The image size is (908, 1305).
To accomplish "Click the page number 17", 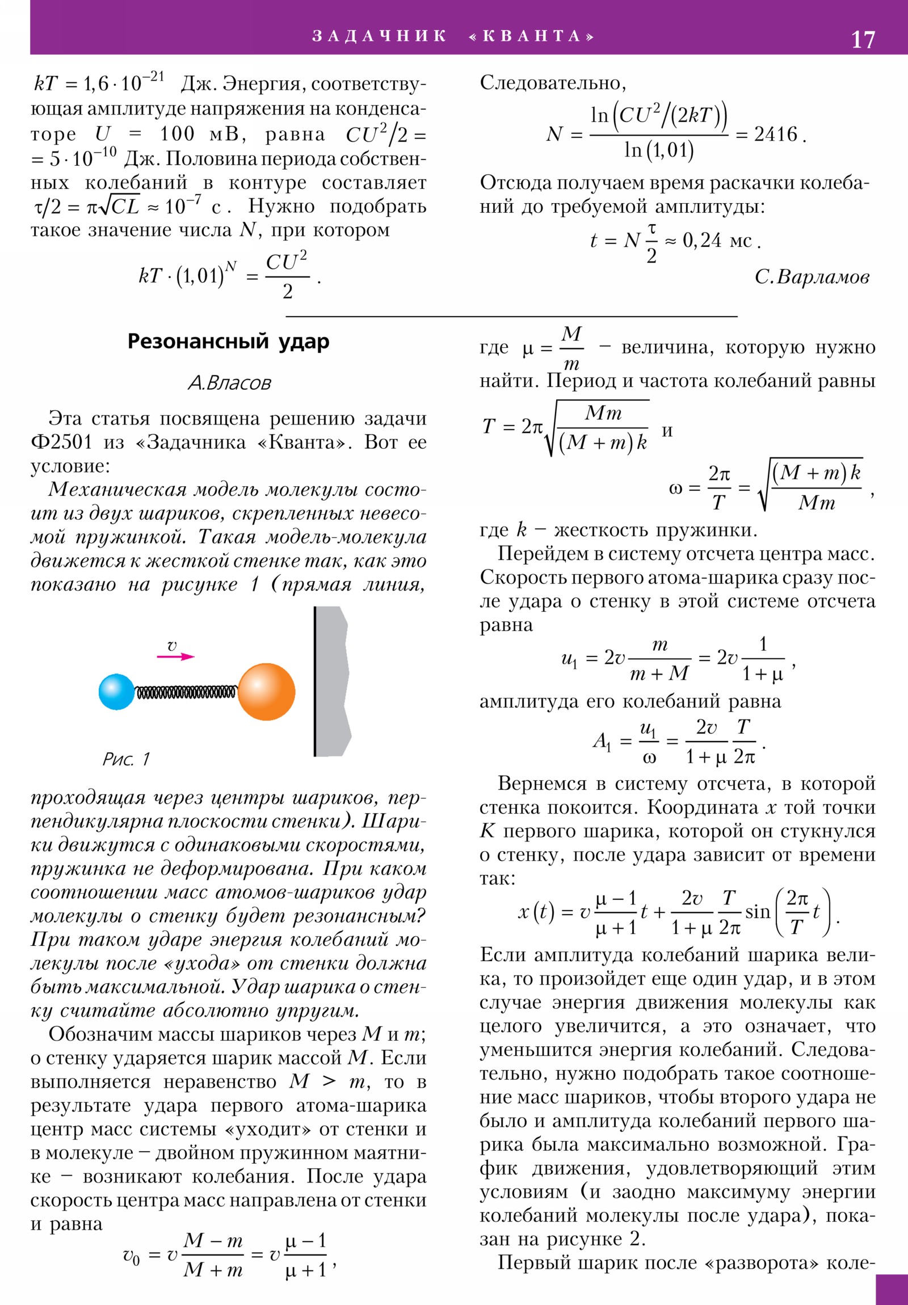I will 862,40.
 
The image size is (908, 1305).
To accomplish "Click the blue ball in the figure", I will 116,692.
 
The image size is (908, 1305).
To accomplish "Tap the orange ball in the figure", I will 266,692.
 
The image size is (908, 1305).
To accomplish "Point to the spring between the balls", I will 186,692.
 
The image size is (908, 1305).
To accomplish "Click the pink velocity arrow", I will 176,656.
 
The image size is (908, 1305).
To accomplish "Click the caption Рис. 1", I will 126,759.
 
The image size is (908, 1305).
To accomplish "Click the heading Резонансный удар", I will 228,342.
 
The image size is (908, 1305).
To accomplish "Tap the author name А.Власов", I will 229,382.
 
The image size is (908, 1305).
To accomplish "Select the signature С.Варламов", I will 812,277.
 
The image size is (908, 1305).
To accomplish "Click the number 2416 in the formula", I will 776,134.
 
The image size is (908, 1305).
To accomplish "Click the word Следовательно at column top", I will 552,83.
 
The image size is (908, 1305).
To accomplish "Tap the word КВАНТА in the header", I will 532,36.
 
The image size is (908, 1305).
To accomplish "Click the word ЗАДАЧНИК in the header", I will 379,36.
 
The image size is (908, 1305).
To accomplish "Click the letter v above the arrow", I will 172,646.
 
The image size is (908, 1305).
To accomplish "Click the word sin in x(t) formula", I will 758,912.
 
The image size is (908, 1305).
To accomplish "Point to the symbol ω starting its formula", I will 675,488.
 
